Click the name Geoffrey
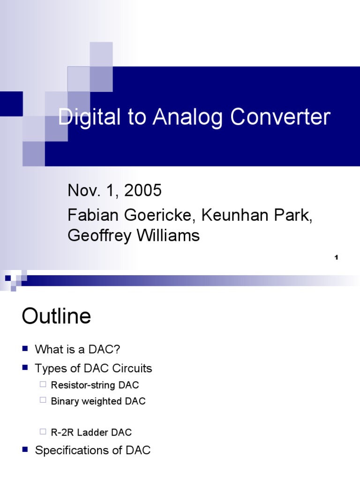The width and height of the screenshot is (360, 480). coord(100,236)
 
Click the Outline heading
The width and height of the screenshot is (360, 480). coord(56,317)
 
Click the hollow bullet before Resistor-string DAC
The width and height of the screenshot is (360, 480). coord(43,385)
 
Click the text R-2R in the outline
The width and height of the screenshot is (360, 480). coord(61,432)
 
